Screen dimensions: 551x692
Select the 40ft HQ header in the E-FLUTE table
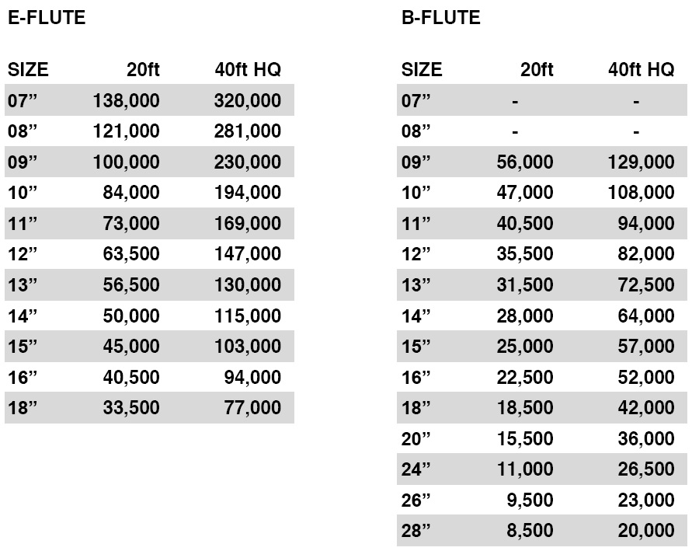pyautogui.click(x=248, y=70)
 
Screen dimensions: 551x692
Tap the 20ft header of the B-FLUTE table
pyautogui.click(x=537, y=70)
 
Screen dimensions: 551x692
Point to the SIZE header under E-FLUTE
pyautogui.click(x=28, y=70)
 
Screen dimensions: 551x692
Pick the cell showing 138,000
pyautogui.click(x=126, y=100)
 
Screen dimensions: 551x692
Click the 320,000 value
pyautogui.click(x=248, y=100)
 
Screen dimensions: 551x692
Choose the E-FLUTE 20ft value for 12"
pyautogui.click(x=131, y=254)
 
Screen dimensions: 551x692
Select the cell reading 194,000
pyautogui.click(x=248, y=193)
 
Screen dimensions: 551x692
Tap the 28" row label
pyautogui.click(x=416, y=531)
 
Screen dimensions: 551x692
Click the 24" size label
pyautogui.click(x=416, y=469)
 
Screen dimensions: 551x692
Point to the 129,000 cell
pyautogui.click(x=642, y=162)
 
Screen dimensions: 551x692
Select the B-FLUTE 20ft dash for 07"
pyautogui.click(x=515, y=101)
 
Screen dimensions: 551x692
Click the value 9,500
pyautogui.click(x=531, y=500)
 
